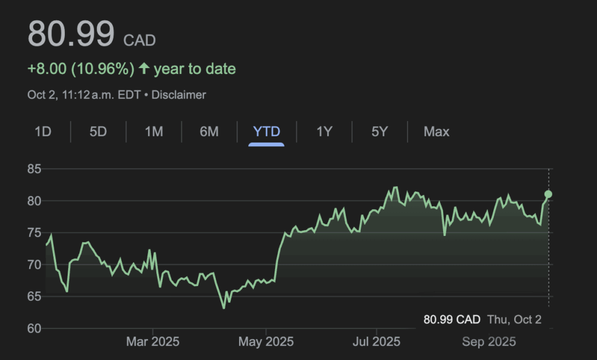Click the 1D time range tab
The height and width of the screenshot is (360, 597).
43,132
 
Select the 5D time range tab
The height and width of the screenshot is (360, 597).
98,132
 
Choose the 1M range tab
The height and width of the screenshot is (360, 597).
153,132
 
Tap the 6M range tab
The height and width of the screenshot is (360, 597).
209,132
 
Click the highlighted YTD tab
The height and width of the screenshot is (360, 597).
266,132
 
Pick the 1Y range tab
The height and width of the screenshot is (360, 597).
324,132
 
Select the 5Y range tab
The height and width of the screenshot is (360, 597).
380,132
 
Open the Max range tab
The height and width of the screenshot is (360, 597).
437,132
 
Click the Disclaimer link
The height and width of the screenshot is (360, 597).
178,94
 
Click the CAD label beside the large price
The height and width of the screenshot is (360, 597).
139,40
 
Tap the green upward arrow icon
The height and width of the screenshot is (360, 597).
144,69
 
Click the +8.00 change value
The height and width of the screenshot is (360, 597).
47,69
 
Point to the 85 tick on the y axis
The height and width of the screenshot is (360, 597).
34,170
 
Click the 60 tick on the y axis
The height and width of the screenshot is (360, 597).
34,329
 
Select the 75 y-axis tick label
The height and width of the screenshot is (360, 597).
34,233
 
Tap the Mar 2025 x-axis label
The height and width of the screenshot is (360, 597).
153,342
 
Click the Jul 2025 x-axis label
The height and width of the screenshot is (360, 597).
377,342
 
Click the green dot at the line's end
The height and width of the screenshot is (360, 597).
548,194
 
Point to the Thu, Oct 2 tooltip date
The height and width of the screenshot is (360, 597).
515,319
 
